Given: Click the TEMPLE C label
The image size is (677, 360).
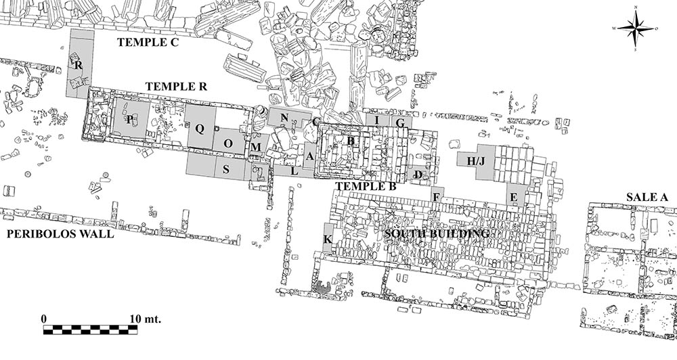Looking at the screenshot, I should click(x=148, y=42).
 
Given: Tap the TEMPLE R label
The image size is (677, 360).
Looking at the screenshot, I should click(x=176, y=87).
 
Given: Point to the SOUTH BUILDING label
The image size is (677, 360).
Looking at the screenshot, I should click(x=437, y=234).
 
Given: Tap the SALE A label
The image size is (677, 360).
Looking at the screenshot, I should click(x=647, y=196).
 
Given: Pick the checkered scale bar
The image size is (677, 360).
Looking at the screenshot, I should click(x=90, y=330).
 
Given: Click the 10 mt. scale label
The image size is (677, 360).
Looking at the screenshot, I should click(x=142, y=318).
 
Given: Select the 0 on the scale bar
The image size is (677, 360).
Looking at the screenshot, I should click(x=44, y=318).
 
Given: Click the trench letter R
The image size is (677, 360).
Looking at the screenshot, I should click(x=79, y=66).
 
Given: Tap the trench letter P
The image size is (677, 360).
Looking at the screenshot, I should click(x=129, y=119).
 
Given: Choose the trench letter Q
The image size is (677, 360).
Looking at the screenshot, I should click(x=200, y=128).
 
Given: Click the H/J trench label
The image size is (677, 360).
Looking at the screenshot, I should click(x=477, y=160).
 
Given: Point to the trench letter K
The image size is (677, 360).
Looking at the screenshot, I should click(x=328, y=240).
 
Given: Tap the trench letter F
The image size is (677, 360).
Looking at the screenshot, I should click(x=437, y=197).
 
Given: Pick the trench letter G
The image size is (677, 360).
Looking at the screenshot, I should click(x=400, y=123).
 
